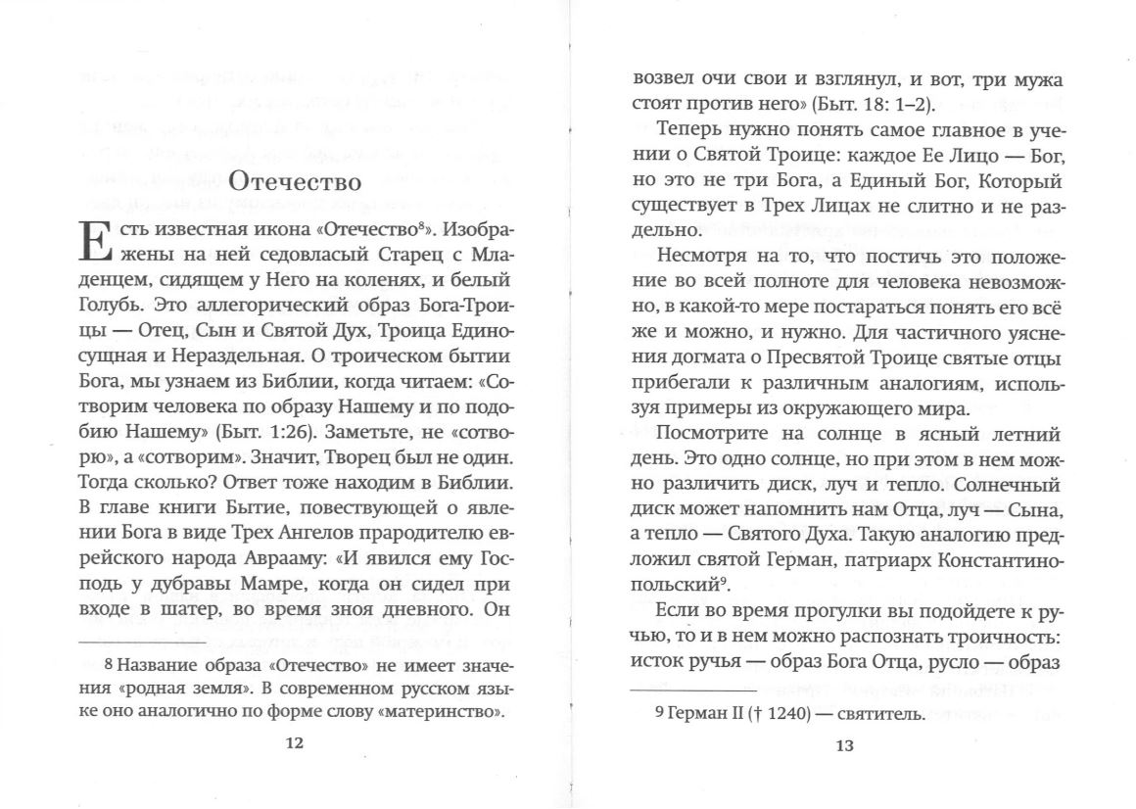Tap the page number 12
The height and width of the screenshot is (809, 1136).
click(x=294, y=743)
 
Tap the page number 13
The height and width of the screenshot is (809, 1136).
click(x=845, y=745)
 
